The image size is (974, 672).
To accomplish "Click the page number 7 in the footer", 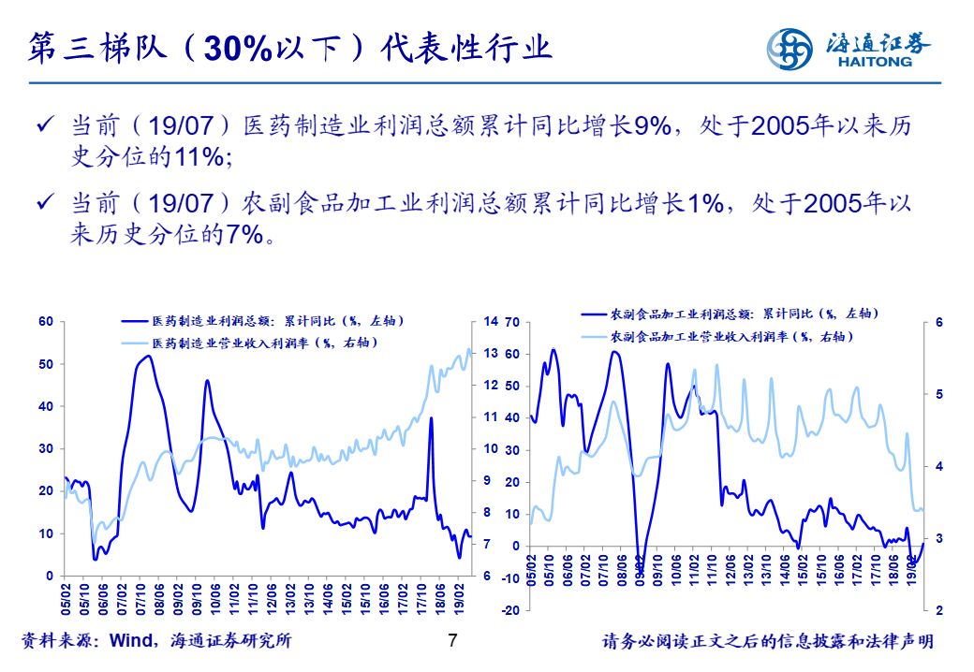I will coord(454,640).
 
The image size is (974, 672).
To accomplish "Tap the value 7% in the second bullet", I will coord(244,235).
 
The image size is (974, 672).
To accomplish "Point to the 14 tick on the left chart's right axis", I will coord(490,322).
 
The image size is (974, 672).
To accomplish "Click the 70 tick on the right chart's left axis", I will coord(511,322).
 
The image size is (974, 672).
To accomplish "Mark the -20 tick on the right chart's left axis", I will coord(509,610).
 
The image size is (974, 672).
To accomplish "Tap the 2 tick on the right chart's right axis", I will coord(939,610).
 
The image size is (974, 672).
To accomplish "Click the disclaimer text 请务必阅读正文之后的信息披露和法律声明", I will coord(767,641).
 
